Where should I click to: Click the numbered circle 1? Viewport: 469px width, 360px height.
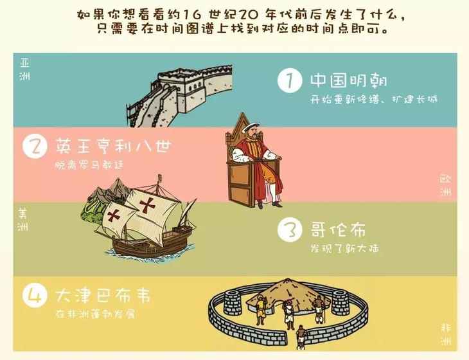click(290, 80)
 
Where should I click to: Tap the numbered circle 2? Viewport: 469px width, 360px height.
click(35, 147)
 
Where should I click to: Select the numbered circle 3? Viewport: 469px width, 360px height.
click(290, 230)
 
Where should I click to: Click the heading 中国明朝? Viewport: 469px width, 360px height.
click(349, 80)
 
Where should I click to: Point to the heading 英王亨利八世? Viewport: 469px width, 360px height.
click(114, 146)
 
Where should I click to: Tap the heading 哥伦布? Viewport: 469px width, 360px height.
click(338, 230)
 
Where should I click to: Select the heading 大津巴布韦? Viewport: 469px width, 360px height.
click(103, 295)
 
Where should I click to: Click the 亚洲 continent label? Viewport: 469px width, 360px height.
click(24, 69)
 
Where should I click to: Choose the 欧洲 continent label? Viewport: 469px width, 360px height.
click(445, 185)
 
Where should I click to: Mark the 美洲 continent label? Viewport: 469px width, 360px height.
click(22, 219)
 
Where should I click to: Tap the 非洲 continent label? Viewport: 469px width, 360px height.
click(445, 334)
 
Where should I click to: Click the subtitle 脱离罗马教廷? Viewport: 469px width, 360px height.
click(89, 165)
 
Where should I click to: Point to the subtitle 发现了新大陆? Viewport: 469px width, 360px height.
click(344, 248)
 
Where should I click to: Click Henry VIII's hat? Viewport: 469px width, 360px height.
click(251, 127)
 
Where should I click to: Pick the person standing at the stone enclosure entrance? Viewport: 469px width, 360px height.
click(300, 337)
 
